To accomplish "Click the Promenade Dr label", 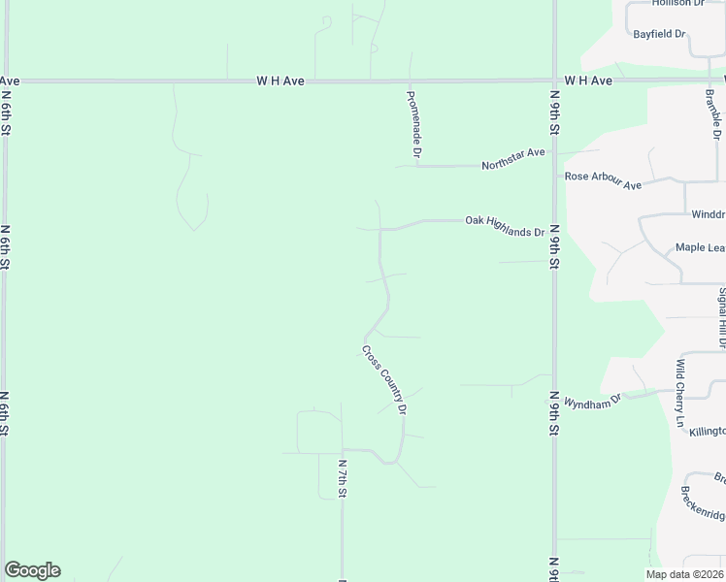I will click(413, 123).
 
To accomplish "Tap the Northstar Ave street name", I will click(513, 159).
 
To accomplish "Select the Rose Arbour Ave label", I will click(604, 180).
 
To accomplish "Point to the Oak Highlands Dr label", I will click(504, 226).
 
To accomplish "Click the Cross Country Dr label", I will click(383, 379).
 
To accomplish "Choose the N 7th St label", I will click(343, 478).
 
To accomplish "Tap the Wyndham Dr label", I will click(592, 401).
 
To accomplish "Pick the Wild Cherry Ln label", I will click(681, 393).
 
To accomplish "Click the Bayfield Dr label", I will click(659, 34).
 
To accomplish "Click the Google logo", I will click(32, 570).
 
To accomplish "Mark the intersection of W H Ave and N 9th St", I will click(554, 81).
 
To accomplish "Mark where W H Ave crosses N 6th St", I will click(6, 81).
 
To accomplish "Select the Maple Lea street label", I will click(700, 248).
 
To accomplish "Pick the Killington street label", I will click(708, 431).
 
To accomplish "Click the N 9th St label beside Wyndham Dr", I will click(555, 413).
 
